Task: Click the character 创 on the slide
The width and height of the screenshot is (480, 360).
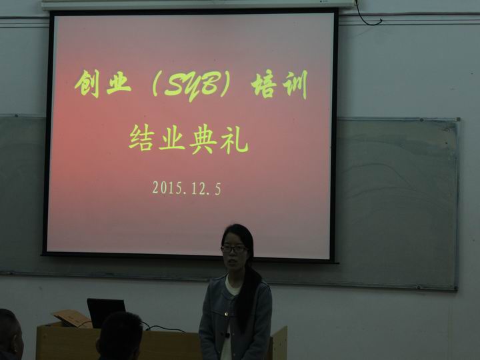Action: coord(88,83)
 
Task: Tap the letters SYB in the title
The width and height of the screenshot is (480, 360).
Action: coord(191,86)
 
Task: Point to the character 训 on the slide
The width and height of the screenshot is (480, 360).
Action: coord(295,85)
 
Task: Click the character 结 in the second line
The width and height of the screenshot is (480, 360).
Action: coord(141,137)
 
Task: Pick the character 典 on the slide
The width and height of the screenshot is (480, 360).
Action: coord(203,140)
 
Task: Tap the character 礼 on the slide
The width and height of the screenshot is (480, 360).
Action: coord(234,140)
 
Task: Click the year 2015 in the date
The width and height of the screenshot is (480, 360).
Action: coord(167,188)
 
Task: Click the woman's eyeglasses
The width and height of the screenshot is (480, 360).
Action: coord(234,249)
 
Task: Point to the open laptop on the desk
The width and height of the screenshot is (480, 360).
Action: coord(106,312)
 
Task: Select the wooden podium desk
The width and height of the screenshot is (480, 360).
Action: coord(161,342)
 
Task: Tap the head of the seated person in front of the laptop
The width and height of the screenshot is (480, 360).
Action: coord(120,336)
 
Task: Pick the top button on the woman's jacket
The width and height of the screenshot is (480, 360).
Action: coord(226,314)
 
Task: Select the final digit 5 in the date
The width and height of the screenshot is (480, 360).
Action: coord(217,189)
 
